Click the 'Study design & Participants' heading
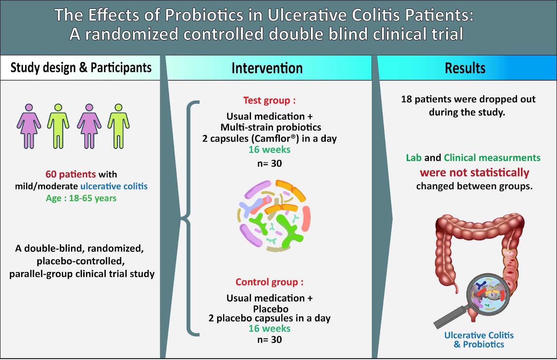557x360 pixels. click(x=81, y=67)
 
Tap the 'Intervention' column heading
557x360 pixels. click(x=267, y=68)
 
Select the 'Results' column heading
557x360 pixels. click(x=465, y=68)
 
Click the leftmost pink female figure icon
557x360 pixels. click(x=29, y=126)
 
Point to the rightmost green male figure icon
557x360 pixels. click(x=119, y=126)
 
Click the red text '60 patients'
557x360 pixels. click(x=71, y=174)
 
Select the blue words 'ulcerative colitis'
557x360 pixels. click(x=114, y=186)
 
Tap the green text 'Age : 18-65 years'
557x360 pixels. click(x=81, y=198)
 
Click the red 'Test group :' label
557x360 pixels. click(x=269, y=101)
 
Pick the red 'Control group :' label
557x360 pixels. click(x=269, y=282)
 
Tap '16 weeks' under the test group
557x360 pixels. click(x=269, y=150)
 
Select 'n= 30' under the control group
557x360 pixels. click(x=269, y=340)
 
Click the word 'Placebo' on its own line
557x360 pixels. click(x=270, y=309)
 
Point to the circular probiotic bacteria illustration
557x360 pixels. click(x=274, y=216)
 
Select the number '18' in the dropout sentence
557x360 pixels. click(x=406, y=99)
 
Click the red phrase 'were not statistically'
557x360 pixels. click(x=474, y=173)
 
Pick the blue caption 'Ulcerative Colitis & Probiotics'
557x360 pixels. click(x=479, y=340)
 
